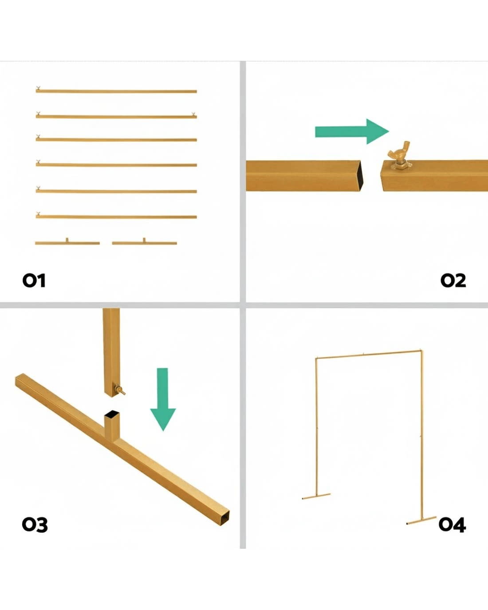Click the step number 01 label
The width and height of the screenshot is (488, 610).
(x=34, y=281)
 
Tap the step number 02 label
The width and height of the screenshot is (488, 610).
(x=453, y=281)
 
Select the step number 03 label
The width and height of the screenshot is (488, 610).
(x=35, y=525)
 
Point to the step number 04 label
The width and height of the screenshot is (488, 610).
(x=452, y=525)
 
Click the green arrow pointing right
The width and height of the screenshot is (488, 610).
(x=352, y=131)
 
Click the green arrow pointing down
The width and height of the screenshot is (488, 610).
(x=163, y=399)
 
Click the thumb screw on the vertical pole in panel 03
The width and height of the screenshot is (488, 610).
(x=119, y=390)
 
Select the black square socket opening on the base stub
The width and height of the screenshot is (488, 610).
(x=112, y=413)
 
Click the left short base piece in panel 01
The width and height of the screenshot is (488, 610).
(x=67, y=242)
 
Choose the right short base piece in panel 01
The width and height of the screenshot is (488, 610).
(x=144, y=242)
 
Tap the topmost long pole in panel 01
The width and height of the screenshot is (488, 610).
(x=116, y=91)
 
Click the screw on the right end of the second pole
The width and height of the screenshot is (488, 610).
(x=194, y=114)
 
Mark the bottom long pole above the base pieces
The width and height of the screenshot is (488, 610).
(x=116, y=217)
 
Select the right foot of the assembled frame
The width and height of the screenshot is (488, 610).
(x=421, y=520)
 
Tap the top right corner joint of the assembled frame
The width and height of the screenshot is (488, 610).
(x=421, y=351)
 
